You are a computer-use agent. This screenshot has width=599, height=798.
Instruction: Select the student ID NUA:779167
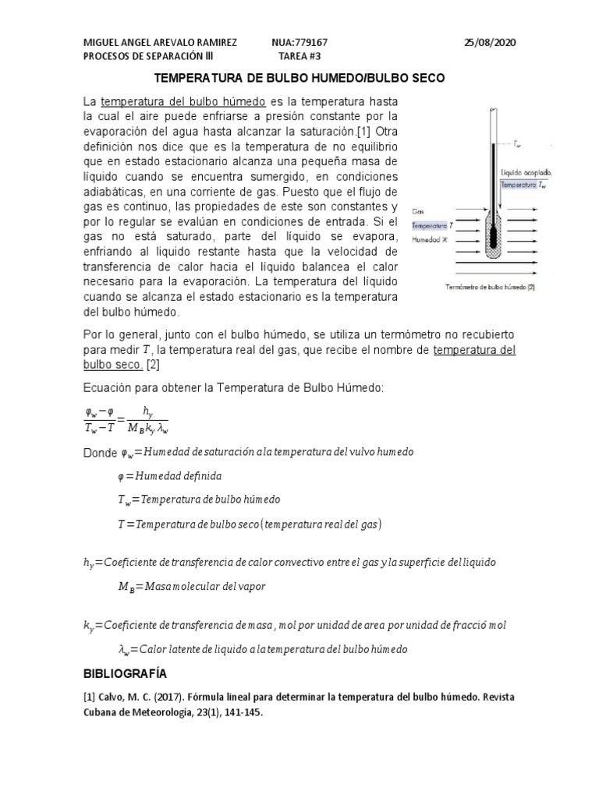(x=305, y=43)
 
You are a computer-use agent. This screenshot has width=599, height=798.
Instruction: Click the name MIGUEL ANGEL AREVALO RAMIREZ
(x=160, y=43)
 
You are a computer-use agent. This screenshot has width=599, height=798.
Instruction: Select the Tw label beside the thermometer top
(x=519, y=144)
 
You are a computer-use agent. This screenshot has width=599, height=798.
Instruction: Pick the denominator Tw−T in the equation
(x=100, y=426)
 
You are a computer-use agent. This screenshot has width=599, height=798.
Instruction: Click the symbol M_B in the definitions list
(x=126, y=587)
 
